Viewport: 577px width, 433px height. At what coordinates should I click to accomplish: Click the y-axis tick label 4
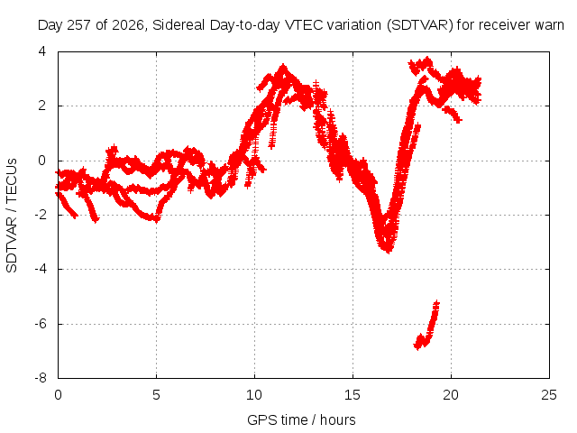[x=42, y=51]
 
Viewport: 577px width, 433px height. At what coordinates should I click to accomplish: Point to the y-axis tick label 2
[x=42, y=106]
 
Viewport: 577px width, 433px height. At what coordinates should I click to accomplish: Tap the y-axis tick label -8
[x=41, y=378]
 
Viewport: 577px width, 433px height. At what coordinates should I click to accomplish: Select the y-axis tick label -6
[x=41, y=324]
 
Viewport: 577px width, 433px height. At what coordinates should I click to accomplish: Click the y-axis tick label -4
[x=41, y=269]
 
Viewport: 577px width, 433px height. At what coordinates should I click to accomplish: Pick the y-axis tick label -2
[x=41, y=215]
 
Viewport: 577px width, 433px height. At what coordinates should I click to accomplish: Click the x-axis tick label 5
[x=156, y=395]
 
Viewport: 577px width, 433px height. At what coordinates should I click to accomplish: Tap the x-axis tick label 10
[x=254, y=395]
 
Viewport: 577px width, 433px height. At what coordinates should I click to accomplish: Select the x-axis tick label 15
[x=353, y=395]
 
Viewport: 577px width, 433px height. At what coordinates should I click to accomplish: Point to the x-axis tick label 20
[x=451, y=395]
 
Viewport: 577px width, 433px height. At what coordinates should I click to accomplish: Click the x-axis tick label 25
[x=549, y=395]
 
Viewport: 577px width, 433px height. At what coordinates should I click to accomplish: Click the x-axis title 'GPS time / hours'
[x=301, y=420]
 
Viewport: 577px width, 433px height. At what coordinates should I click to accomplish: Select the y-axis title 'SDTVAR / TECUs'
[x=12, y=216]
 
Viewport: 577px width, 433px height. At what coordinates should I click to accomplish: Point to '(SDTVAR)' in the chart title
[x=420, y=25]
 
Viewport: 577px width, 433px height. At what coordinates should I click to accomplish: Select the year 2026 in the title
[x=128, y=25]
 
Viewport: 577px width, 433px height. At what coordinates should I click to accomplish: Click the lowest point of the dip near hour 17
[x=389, y=251]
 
